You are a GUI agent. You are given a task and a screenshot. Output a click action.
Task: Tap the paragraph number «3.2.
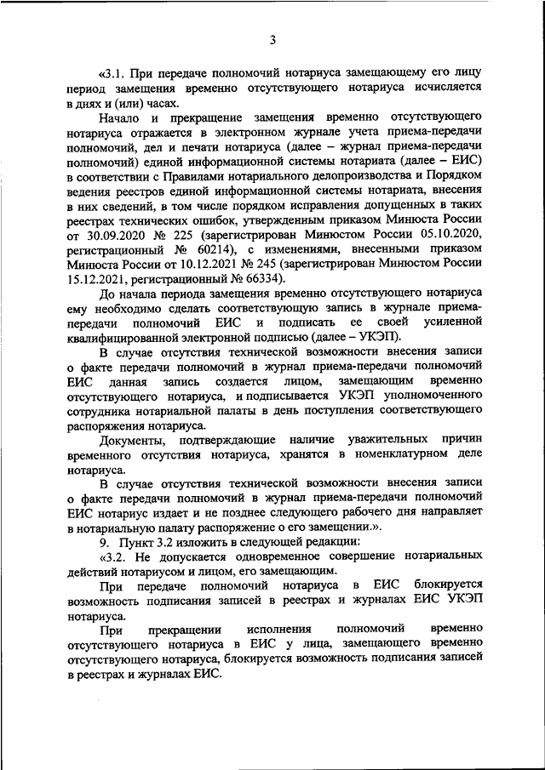(114, 556)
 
